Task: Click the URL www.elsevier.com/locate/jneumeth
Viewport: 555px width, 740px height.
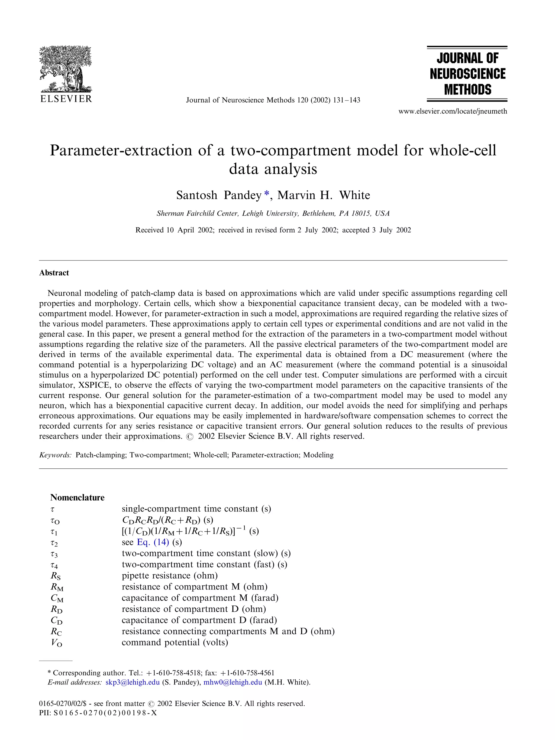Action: [453, 111]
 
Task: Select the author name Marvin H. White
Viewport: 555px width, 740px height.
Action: [324, 195]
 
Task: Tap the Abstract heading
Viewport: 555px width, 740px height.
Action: [54, 273]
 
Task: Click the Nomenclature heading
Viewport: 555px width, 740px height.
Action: [77, 497]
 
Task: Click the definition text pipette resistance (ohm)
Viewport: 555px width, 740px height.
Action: [169, 575]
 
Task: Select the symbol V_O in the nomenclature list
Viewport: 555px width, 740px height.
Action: [56, 643]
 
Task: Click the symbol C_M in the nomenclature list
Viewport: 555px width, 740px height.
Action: [57, 598]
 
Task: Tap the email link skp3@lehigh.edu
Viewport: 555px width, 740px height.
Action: [132, 682]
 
